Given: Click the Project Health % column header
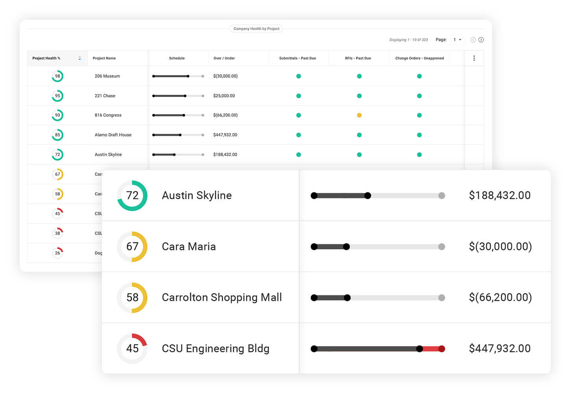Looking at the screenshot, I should pos(46,58).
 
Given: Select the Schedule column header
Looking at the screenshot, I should pos(177,58).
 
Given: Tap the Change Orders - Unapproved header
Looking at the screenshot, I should pos(419,58).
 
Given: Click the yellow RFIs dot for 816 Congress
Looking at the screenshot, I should pos(359,115).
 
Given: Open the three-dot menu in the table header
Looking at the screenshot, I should pos(474,58).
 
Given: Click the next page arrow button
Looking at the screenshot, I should pos(481,40).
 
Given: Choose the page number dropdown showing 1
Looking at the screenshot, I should pos(457,40).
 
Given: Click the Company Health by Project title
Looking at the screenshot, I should pos(256,29).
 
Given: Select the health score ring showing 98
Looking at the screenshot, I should pos(57,76).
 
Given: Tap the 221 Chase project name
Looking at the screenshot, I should pos(105,96).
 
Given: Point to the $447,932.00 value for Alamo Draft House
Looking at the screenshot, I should pos(225,135).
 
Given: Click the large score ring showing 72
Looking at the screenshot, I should pos(132,195).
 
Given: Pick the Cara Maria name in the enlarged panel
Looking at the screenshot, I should pos(189,247).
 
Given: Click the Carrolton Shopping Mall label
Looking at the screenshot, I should pos(222,297).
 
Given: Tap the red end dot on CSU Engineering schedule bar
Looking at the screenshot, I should pos(442,349).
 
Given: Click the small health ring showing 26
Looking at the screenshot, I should pos(57,253).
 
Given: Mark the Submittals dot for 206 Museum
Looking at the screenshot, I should pos(298,76).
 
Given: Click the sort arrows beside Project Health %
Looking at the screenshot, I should pos(80,58).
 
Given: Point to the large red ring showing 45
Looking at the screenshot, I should pos(132,349).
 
